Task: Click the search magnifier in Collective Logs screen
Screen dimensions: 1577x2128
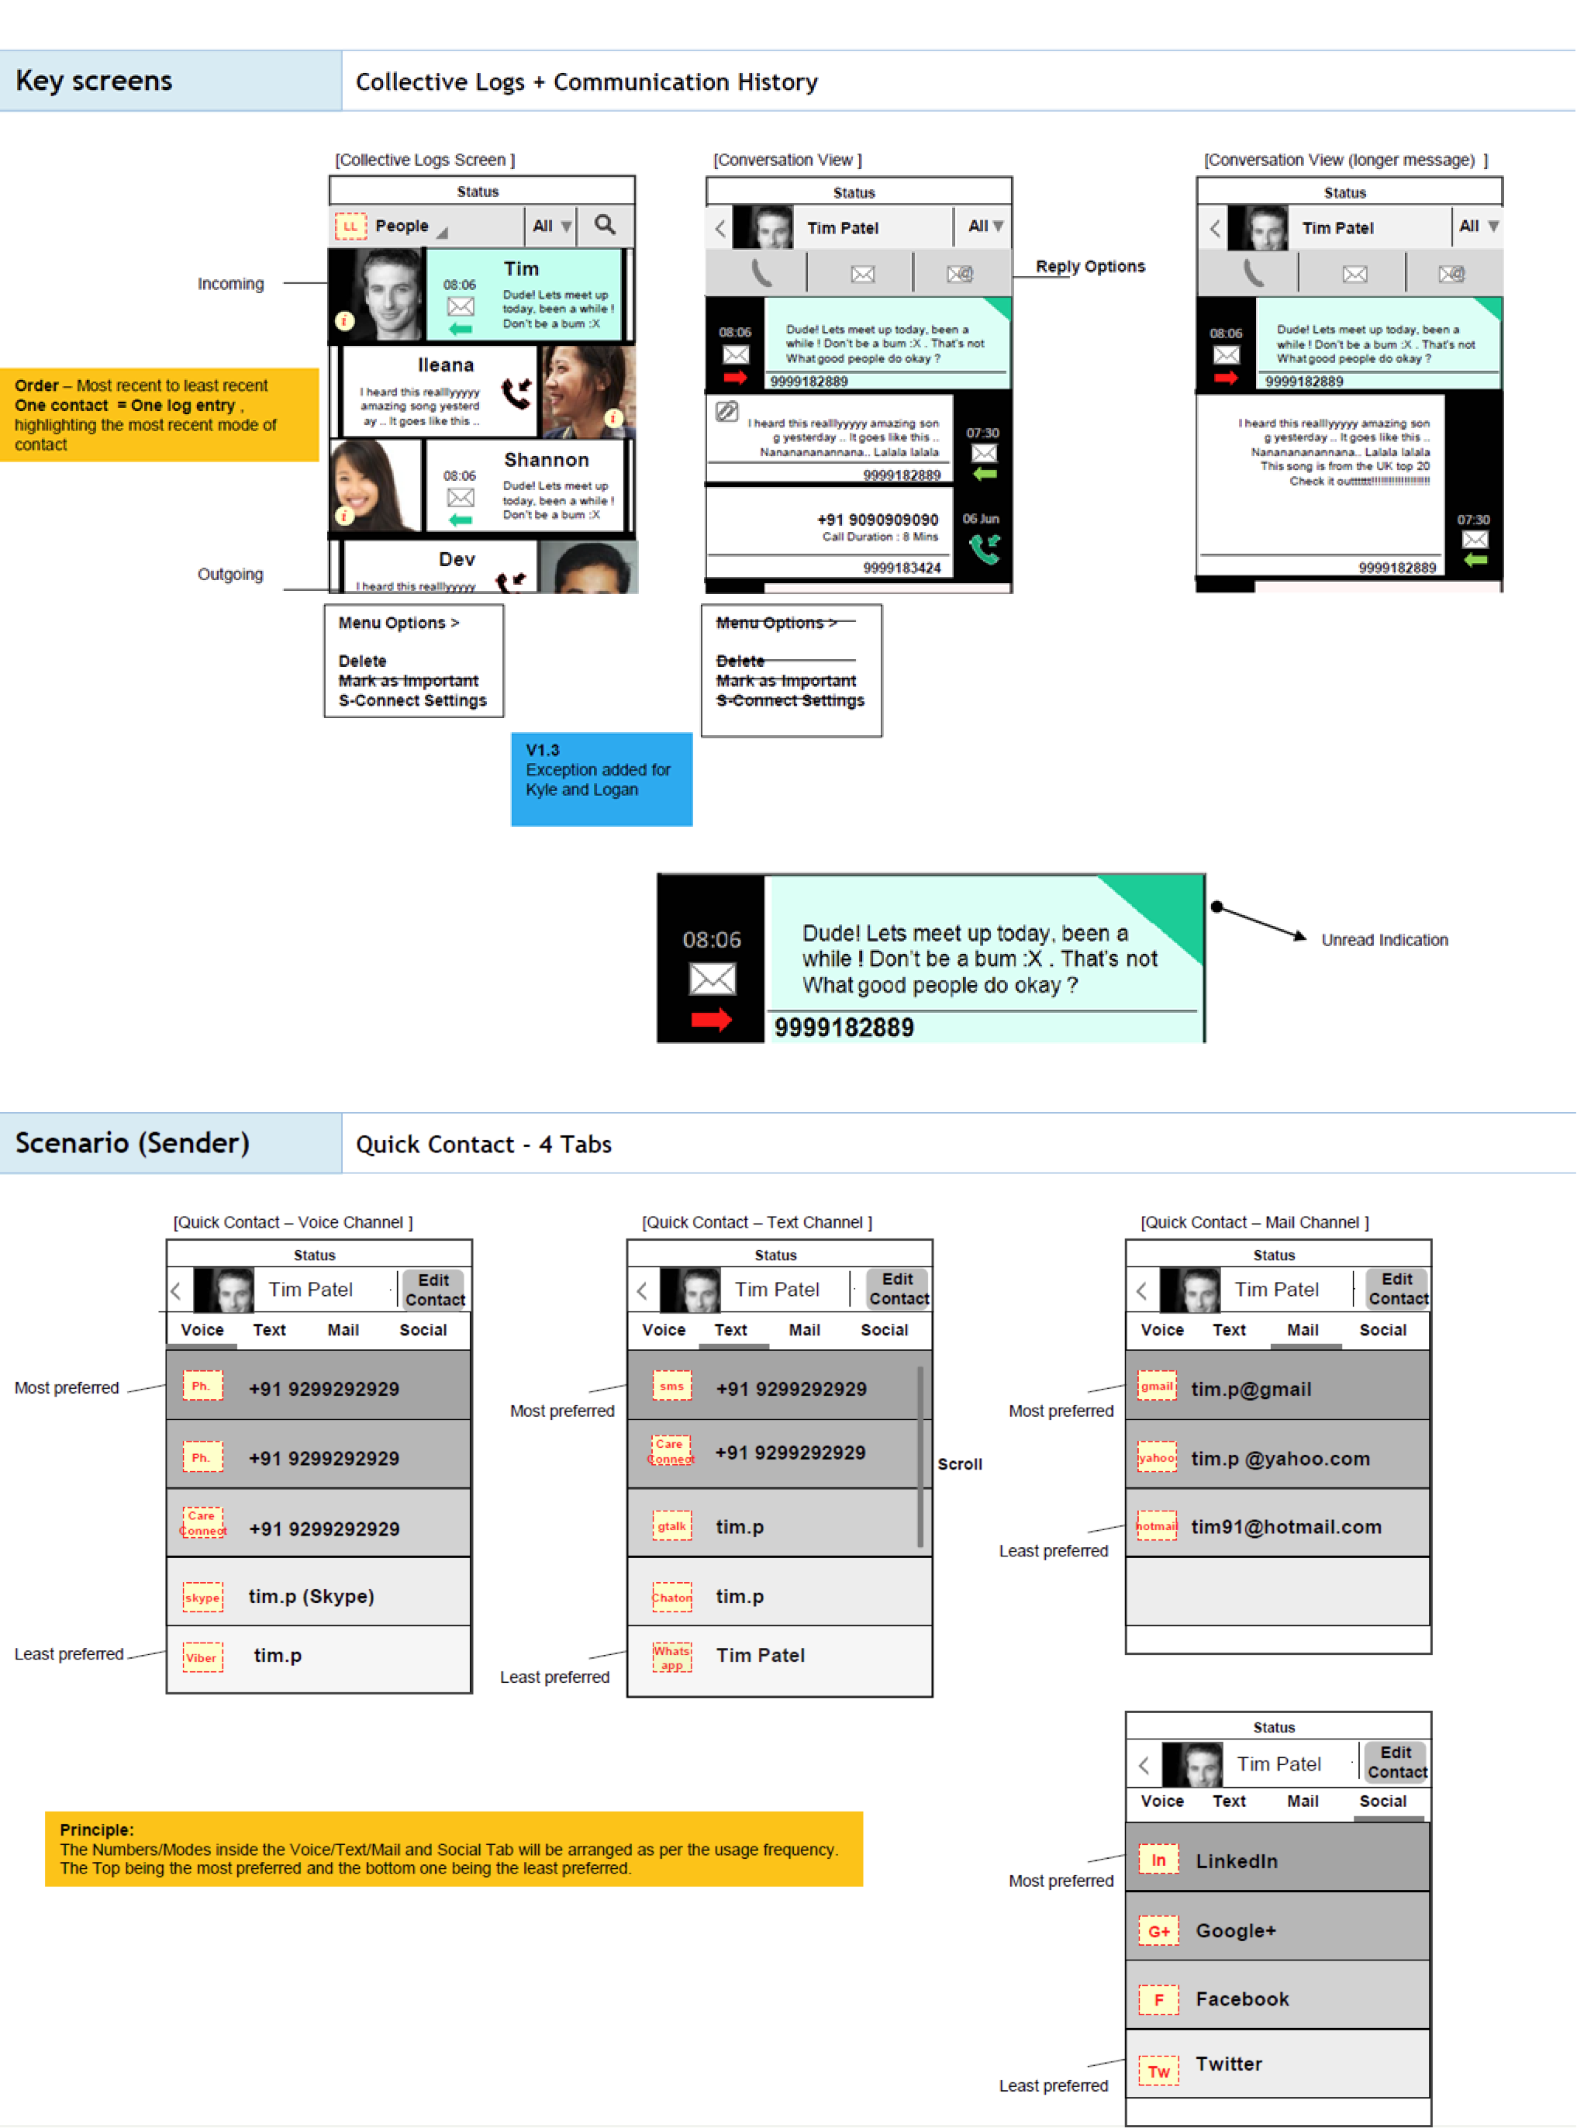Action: point(604,226)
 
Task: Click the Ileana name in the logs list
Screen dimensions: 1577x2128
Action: point(445,364)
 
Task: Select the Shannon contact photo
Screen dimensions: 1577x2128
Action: point(374,485)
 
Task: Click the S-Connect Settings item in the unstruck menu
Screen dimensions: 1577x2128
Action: point(412,701)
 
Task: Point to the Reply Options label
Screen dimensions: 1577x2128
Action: point(1089,266)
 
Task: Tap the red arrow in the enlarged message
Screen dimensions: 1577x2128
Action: point(711,1020)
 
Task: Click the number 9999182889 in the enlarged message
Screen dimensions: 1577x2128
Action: point(844,1028)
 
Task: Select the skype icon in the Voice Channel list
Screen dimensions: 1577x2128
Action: point(202,1598)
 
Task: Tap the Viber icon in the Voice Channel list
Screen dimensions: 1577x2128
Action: point(202,1657)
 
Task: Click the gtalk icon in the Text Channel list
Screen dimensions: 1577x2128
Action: point(671,1525)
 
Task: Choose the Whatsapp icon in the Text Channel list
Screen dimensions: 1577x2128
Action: point(672,1657)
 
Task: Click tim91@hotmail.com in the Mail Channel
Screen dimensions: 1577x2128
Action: point(1285,1526)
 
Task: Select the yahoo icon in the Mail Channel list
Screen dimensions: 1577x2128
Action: point(1156,1458)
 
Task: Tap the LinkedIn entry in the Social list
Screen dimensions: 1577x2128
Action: point(1236,1860)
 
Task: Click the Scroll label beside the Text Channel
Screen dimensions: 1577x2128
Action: point(959,1463)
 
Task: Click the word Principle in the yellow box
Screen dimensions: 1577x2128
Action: point(96,1829)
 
